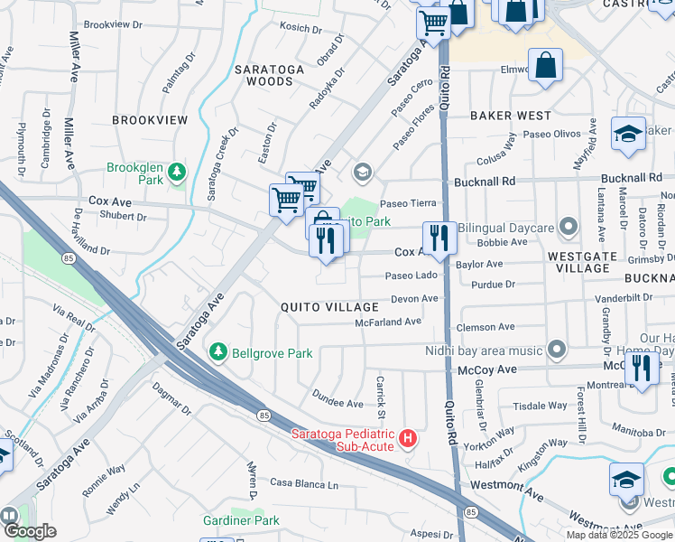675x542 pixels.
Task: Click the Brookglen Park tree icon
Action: coord(179,172)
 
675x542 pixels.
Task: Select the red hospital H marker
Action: coord(408,439)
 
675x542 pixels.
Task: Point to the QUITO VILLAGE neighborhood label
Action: coord(329,307)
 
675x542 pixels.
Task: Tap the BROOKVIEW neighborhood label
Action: coord(150,120)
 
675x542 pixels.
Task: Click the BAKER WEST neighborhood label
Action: coord(510,116)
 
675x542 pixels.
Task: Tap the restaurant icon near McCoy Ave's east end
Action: coord(642,368)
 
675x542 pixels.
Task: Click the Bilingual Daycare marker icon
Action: coord(568,226)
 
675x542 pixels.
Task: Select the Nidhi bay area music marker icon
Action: coord(557,349)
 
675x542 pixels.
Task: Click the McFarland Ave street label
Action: coord(388,322)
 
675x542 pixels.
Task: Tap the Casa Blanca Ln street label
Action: coord(303,485)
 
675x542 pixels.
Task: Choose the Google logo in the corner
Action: coord(29,531)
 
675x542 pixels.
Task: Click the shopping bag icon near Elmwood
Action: coord(546,65)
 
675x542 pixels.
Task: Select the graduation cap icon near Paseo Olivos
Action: coord(628,134)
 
